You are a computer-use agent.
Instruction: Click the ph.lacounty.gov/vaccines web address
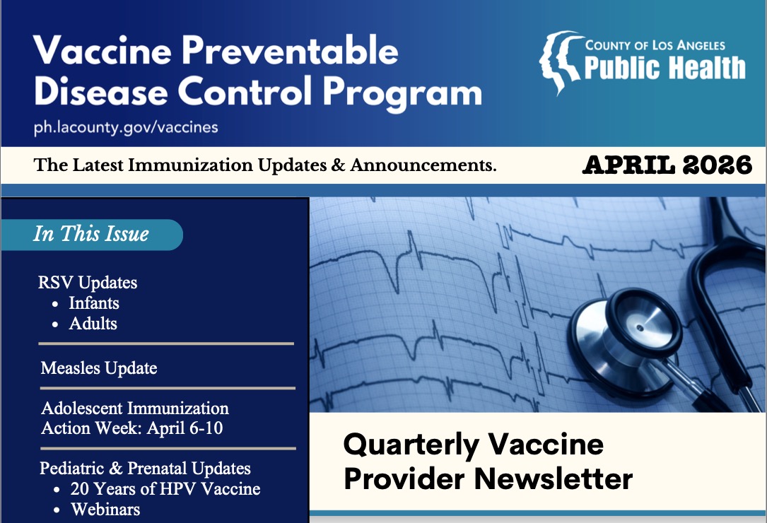(x=126, y=128)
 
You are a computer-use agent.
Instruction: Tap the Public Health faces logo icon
(x=561, y=62)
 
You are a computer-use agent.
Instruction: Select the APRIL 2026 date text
(x=667, y=165)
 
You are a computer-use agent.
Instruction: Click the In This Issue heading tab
(x=91, y=235)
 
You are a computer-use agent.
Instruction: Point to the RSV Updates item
(x=88, y=282)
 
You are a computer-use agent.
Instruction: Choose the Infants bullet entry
(x=94, y=302)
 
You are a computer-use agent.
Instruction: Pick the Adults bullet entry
(x=93, y=324)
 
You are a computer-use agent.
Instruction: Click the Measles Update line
(x=99, y=368)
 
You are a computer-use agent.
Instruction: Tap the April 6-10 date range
(x=185, y=428)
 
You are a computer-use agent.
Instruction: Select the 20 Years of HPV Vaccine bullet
(x=165, y=489)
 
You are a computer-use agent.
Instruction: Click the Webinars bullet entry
(x=105, y=510)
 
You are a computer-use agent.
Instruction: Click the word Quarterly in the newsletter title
(x=411, y=446)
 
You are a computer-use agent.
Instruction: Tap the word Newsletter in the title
(x=554, y=478)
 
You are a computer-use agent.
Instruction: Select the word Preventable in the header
(x=290, y=50)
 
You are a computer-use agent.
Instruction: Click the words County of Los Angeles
(x=655, y=45)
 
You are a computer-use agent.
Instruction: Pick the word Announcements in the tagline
(x=423, y=165)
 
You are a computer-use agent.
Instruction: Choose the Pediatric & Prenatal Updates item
(x=146, y=468)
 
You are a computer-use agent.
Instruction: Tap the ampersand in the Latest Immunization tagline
(x=338, y=165)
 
